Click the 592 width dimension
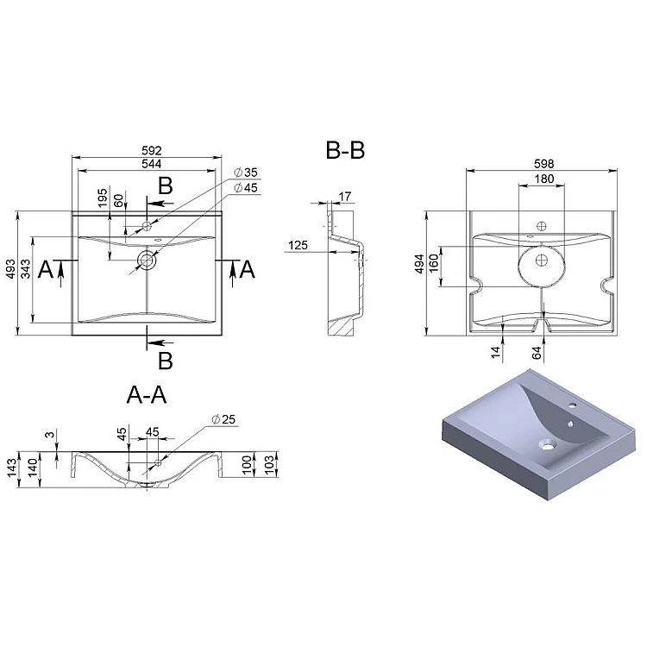pos(152,151)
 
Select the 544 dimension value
pos(152,164)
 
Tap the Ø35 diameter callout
pos(246,173)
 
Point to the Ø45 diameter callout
pos(246,188)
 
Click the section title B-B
pos(345,150)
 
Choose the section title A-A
pos(147,395)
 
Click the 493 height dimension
pos(10,268)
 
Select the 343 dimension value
pos(26,268)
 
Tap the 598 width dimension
pos(543,164)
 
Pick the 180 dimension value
pos(543,179)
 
